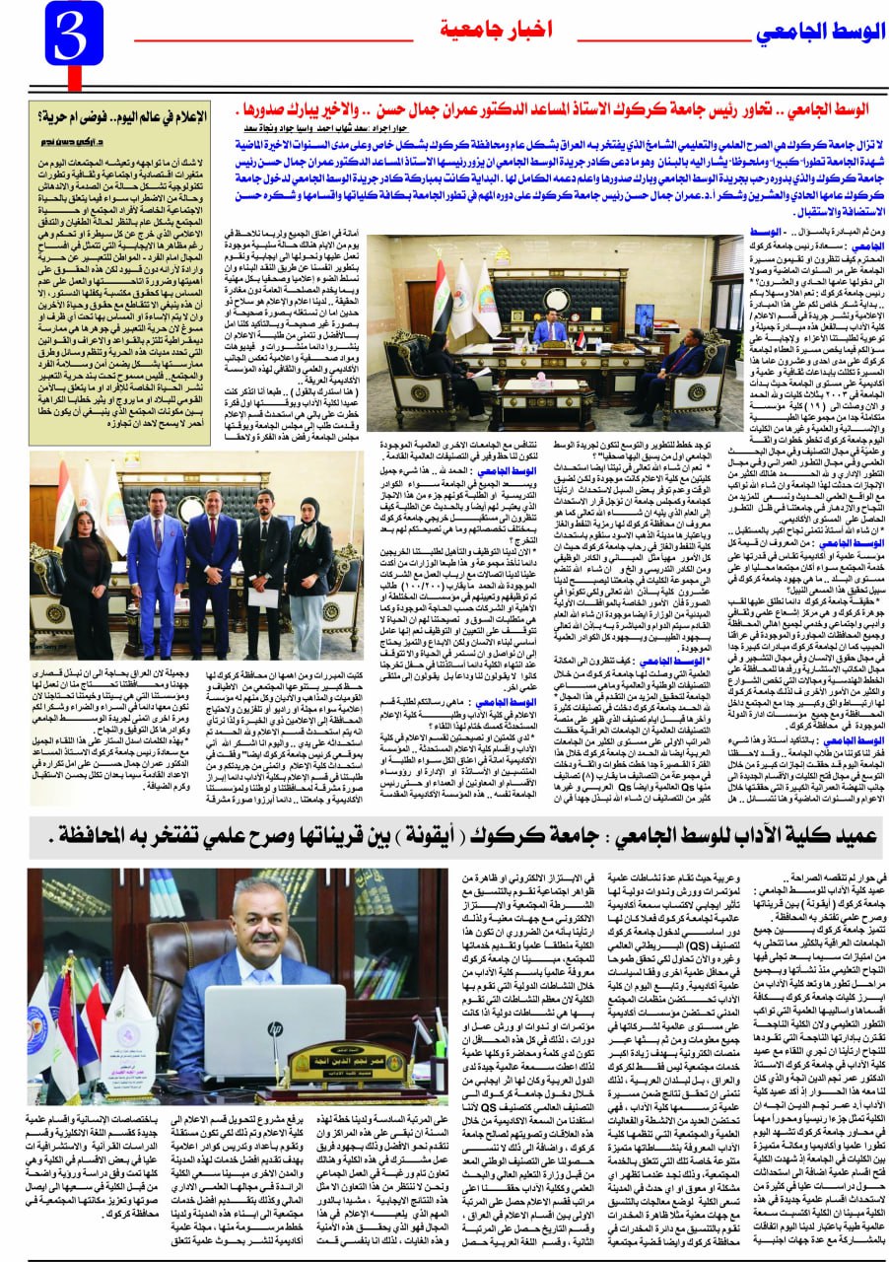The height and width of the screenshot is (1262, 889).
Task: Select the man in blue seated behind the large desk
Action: click(549, 330)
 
